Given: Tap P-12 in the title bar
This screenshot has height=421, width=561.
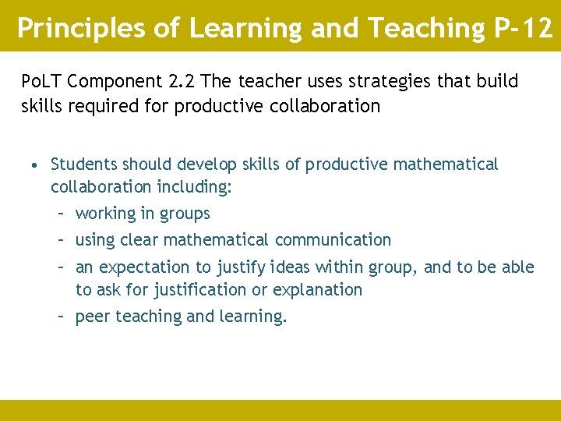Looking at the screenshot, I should (x=523, y=29).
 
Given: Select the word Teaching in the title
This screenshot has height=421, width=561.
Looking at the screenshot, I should (x=426, y=29).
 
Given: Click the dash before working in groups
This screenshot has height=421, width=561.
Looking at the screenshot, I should (x=61, y=214).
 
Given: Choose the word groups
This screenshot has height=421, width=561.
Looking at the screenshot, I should (x=185, y=214).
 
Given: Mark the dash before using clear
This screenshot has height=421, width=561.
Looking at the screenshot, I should (x=61, y=240).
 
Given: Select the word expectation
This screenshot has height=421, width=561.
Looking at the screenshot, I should (x=145, y=267).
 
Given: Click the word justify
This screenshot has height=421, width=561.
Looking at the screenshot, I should (x=239, y=267).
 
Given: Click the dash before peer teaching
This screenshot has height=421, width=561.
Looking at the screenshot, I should (x=61, y=317).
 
